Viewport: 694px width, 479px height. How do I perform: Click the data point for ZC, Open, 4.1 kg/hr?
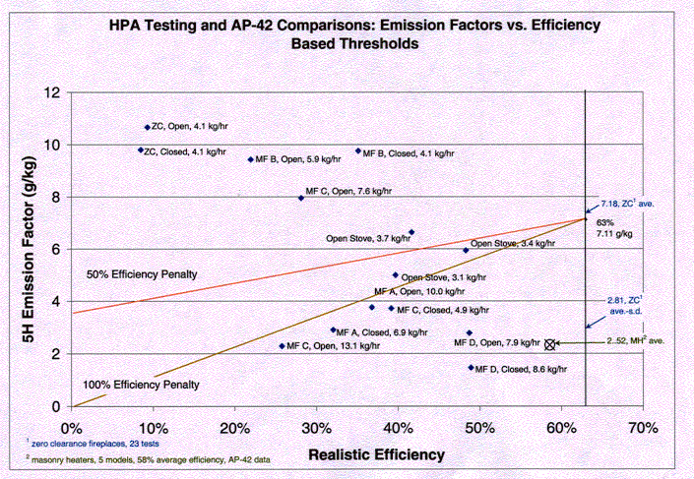point(148,127)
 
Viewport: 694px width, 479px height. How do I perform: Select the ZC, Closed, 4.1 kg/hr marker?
point(141,150)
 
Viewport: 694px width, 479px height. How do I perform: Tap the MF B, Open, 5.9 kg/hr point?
point(251,159)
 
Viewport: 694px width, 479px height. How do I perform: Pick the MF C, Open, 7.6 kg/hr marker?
point(301,198)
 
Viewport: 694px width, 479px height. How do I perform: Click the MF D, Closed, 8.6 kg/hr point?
point(471,368)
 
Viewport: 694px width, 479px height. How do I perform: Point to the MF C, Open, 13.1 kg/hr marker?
point(282,346)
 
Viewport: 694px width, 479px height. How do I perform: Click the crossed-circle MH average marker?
point(550,344)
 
